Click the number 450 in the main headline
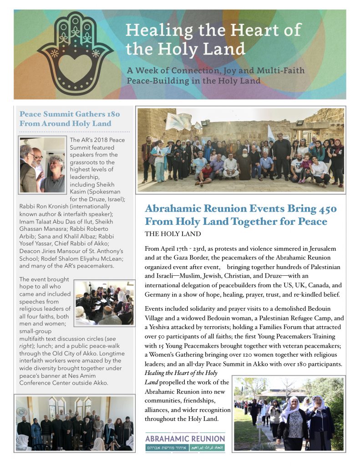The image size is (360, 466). (325, 209)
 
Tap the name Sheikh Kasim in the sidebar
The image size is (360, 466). (89, 192)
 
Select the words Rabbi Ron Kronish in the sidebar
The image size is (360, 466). (46, 206)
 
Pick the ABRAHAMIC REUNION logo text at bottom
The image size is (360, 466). (185, 439)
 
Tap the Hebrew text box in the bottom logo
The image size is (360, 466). (166, 448)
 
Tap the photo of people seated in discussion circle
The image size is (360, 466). (104, 302)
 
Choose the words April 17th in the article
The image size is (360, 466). (176, 248)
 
